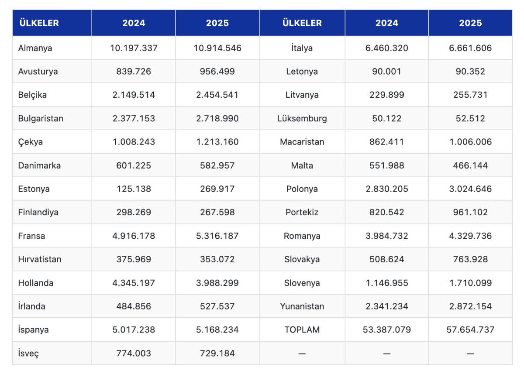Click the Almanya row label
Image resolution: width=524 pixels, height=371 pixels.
coord(35,48)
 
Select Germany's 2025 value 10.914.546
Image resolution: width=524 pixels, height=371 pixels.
coord(217,48)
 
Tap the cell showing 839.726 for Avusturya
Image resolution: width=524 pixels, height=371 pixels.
coord(134,72)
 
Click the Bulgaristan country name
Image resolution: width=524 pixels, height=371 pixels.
coord(41,118)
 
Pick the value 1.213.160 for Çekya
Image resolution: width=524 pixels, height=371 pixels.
coord(217,142)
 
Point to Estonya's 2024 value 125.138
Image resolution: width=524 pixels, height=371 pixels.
coord(134,189)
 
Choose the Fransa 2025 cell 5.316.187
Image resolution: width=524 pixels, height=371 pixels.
coord(217,236)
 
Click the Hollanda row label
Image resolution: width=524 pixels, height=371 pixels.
coord(36,283)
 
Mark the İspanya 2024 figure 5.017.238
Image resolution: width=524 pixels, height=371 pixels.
coord(134,330)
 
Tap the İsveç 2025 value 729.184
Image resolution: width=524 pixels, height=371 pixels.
coord(217,353)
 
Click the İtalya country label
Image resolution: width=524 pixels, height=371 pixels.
coord(302,48)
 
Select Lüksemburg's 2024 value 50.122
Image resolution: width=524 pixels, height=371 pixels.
coord(386,118)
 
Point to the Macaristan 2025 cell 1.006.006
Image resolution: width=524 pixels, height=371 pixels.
coord(470,142)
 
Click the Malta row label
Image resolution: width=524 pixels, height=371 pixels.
coord(302,165)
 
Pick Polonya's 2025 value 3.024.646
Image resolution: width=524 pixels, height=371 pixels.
coord(470,189)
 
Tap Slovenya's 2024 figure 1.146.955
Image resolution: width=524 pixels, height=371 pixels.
coord(386,283)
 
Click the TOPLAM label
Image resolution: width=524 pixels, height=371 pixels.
coord(302,330)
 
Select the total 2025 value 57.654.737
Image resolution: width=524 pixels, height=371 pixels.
coord(470,330)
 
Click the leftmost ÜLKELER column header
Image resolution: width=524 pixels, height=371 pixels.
coord(38,23)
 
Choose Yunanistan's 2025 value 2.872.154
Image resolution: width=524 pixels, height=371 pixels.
coord(470,306)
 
